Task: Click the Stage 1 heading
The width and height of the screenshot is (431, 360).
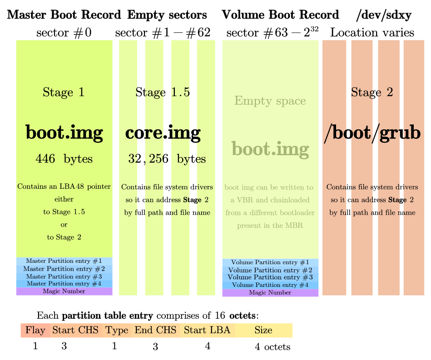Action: coord(64,93)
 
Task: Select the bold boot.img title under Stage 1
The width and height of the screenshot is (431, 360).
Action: coord(64,133)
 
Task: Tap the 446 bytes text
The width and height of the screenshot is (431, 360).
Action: coord(64,159)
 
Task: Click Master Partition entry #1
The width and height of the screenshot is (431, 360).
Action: coord(64,261)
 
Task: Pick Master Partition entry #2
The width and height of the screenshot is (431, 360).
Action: coord(64,269)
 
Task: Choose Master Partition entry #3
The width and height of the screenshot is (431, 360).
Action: coord(64,276)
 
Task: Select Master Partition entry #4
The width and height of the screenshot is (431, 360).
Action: coord(64,284)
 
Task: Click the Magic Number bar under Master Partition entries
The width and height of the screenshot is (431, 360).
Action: coord(64,291)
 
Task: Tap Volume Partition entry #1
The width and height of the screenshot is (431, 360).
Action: coord(270,262)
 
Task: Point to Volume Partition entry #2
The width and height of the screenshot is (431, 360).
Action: coord(270,270)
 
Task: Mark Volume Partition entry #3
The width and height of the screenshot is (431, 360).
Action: coord(270,277)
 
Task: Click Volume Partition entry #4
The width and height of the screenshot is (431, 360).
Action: coord(270,285)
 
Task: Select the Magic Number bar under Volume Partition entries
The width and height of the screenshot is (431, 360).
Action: coord(270,293)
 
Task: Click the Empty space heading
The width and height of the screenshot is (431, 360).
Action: coord(270,101)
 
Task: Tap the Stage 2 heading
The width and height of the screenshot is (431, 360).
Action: coord(372,93)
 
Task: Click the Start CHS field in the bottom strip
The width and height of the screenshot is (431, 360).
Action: coord(75,330)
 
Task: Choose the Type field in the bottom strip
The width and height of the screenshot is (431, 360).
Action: coord(117,330)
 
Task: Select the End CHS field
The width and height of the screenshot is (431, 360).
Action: coord(155,330)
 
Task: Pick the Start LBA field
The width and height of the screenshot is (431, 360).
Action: coord(207,330)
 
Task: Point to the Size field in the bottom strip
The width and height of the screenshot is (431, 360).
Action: coord(263,330)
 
